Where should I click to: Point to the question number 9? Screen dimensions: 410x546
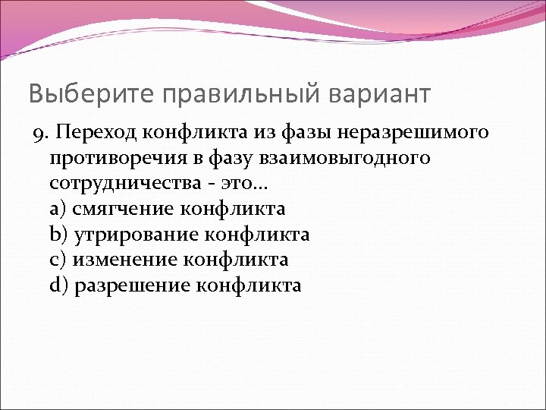(39, 134)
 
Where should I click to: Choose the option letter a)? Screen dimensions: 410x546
(58, 209)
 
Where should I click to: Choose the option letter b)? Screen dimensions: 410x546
(58, 234)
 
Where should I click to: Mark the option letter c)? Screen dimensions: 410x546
(58, 260)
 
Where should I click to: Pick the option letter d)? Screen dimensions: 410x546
(58, 285)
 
